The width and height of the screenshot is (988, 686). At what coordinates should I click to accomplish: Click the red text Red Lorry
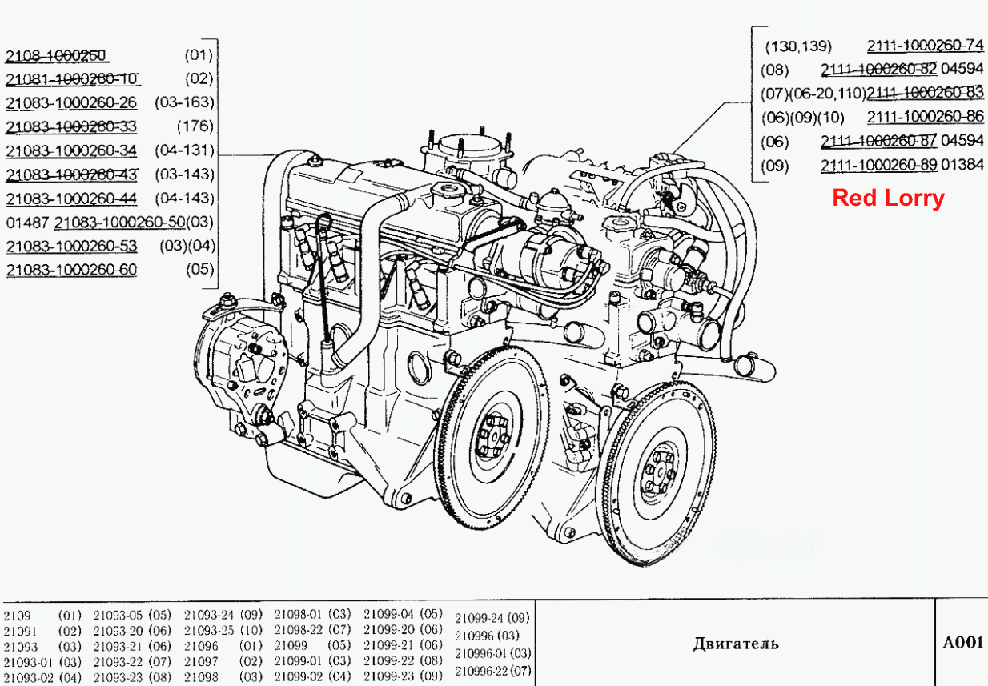[888, 198]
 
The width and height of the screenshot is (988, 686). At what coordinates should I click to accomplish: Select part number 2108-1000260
[56, 55]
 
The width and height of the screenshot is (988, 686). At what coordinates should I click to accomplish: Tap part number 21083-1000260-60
[71, 270]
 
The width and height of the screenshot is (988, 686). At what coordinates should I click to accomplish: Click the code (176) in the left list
[195, 126]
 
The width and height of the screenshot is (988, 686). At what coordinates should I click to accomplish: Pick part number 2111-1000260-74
[925, 46]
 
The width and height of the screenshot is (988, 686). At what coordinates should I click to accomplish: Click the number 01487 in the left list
[27, 223]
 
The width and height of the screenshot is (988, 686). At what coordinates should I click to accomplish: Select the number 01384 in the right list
[962, 164]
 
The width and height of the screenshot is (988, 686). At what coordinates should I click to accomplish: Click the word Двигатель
[735, 644]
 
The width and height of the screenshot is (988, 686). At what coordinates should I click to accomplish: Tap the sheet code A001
[963, 643]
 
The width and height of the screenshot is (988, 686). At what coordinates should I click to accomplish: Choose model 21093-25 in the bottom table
[209, 630]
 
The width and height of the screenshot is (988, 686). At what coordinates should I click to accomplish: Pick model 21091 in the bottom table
[20, 632]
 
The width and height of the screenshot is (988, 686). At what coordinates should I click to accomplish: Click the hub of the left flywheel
[494, 436]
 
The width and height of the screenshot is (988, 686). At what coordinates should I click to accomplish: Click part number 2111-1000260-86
[925, 117]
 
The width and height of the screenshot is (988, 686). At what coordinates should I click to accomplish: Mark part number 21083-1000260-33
[71, 126]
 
